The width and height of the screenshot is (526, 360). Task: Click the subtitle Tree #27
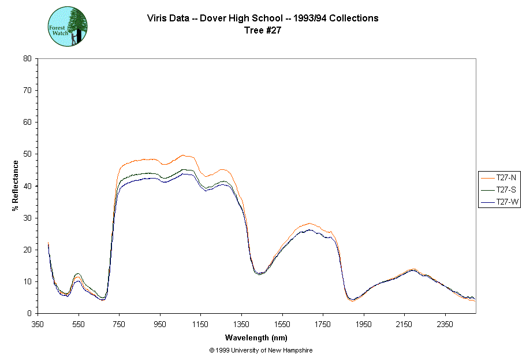tap(263, 31)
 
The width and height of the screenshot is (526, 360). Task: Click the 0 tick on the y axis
tap(29, 314)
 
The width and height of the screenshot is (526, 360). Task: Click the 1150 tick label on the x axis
tap(201, 325)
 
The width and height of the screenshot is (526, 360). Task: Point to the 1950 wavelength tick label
tap(364, 325)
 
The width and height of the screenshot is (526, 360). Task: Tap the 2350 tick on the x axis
tap(445, 325)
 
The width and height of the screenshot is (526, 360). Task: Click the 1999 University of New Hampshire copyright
tap(262, 350)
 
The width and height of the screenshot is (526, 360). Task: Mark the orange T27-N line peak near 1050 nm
tap(183, 155)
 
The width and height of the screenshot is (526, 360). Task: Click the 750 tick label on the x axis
tap(120, 325)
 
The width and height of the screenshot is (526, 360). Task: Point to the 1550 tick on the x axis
tap(282, 325)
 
